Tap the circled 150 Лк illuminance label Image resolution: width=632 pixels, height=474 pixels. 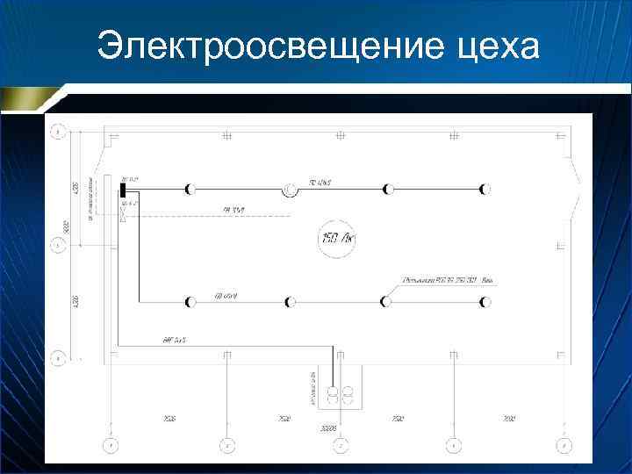point(336,238)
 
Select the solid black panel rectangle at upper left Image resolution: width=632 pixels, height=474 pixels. point(125,188)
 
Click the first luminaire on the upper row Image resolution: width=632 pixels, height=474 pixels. point(190,189)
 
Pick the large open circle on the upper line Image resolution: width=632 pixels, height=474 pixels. point(290,189)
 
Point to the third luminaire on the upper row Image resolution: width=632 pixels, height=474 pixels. point(388,189)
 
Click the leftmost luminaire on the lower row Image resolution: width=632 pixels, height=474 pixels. point(190,302)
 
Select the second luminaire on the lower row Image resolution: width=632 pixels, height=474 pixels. point(290,302)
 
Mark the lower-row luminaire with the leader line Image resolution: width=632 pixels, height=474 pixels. point(385,302)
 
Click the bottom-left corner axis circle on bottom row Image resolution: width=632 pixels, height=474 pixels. point(111,445)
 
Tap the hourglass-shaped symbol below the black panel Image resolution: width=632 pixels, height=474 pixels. point(125,212)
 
